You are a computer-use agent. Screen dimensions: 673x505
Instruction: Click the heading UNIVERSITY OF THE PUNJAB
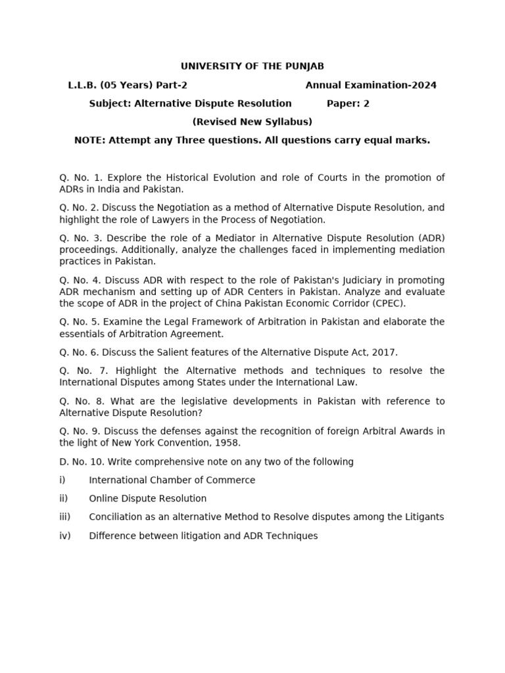(252, 66)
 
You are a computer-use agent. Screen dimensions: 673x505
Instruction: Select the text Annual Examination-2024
(371, 85)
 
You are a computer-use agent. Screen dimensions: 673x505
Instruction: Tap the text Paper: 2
(349, 103)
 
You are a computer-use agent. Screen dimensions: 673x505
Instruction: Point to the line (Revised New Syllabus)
(252, 122)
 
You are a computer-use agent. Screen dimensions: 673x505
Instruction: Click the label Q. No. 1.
(82, 177)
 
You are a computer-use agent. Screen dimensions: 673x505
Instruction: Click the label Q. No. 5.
(82, 321)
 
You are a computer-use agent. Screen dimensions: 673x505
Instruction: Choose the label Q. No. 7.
(83, 371)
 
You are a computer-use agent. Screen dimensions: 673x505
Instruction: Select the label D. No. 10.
(82, 461)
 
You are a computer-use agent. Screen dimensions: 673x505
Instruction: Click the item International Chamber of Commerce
(172, 480)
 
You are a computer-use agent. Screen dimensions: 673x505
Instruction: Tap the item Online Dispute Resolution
(148, 498)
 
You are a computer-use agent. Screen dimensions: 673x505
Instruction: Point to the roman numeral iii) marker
(65, 517)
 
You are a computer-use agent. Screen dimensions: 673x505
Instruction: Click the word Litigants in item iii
(423, 517)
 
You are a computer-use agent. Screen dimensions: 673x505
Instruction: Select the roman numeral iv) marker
(65, 536)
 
